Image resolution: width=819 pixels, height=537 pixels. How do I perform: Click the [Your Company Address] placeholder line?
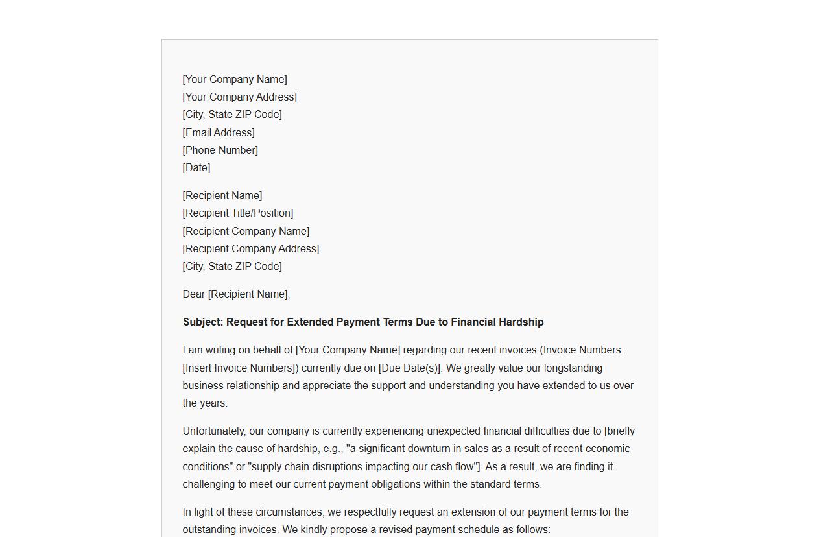tap(239, 97)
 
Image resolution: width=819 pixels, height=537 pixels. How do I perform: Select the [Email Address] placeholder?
tap(219, 132)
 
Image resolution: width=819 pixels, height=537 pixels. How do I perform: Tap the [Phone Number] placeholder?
tap(220, 150)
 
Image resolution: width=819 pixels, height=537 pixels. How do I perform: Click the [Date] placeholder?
tap(196, 167)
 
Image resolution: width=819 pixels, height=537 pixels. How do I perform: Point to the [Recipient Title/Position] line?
tap(237, 213)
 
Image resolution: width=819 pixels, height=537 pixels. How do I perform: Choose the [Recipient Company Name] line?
tap(246, 231)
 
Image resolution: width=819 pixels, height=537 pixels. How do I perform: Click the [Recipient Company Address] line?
tap(250, 248)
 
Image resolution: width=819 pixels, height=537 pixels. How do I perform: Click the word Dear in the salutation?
tap(193, 294)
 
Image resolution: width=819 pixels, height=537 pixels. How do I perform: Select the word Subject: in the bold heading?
tap(203, 322)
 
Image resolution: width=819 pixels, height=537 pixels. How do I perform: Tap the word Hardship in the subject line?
tap(521, 322)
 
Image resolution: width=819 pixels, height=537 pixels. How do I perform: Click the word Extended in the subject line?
tap(310, 322)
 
